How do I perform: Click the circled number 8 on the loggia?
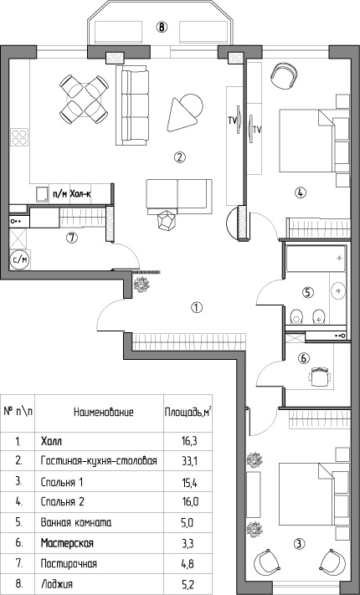click(x=162, y=27)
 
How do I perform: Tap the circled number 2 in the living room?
click(x=179, y=156)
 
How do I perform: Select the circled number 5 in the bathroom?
click(x=308, y=292)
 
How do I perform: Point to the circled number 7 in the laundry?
click(x=71, y=238)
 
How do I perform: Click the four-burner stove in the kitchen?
click(x=20, y=137)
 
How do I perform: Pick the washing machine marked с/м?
click(x=20, y=260)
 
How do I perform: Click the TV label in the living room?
click(x=233, y=121)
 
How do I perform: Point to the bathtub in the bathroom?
click(x=316, y=259)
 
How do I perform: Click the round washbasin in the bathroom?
click(x=338, y=291)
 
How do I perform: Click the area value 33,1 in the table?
click(x=190, y=462)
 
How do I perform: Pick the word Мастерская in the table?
click(x=67, y=543)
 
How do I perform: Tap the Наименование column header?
click(x=104, y=413)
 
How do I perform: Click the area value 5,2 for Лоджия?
click(x=188, y=583)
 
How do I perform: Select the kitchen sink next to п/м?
click(x=42, y=194)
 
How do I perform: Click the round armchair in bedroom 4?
click(x=284, y=75)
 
